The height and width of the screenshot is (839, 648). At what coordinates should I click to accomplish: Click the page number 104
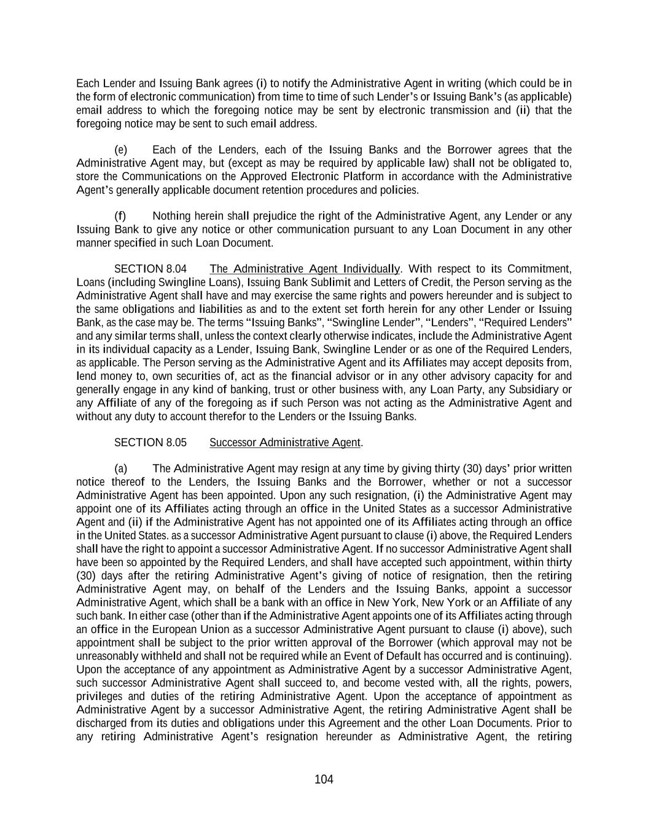[x=324, y=779]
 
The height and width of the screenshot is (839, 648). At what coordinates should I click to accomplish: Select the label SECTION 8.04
[x=150, y=269]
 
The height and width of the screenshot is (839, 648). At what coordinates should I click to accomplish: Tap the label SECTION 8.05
[x=150, y=443]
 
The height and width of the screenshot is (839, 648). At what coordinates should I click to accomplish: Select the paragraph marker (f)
[x=120, y=216]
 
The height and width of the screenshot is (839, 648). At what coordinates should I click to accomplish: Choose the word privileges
[x=101, y=696]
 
